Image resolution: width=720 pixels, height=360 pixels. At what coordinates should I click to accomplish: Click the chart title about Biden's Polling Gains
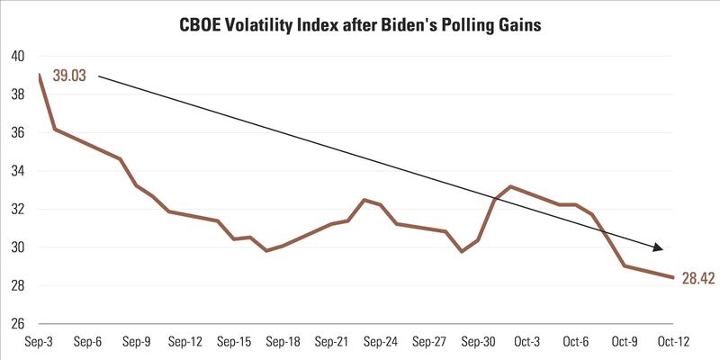(360, 25)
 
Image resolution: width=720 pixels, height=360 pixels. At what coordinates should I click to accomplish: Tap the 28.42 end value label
(697, 278)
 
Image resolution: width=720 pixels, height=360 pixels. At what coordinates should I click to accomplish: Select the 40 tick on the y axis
(17, 56)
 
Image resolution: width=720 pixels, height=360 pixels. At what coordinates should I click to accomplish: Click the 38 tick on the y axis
(17, 94)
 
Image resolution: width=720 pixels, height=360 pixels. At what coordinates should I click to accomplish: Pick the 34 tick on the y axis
(17, 171)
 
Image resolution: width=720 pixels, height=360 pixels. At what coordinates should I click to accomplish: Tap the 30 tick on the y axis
(17, 247)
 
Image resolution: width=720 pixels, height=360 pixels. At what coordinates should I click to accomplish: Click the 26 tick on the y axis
(17, 324)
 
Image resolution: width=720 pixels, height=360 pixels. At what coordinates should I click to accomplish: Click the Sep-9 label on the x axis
(136, 342)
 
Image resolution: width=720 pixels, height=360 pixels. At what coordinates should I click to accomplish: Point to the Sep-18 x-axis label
(282, 342)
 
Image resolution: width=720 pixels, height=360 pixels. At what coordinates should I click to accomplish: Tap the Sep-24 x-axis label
(379, 342)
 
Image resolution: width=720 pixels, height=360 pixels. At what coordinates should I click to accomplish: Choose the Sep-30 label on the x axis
(476, 342)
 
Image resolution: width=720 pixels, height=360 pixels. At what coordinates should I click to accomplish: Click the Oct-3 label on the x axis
(526, 342)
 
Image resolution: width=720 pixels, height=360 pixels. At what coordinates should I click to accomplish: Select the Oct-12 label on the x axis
(671, 342)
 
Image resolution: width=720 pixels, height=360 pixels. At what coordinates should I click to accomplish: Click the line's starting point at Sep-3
(40, 75)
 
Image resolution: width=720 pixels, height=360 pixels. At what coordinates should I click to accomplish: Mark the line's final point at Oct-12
(673, 277)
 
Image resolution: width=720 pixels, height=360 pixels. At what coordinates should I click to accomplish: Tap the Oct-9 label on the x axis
(623, 342)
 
